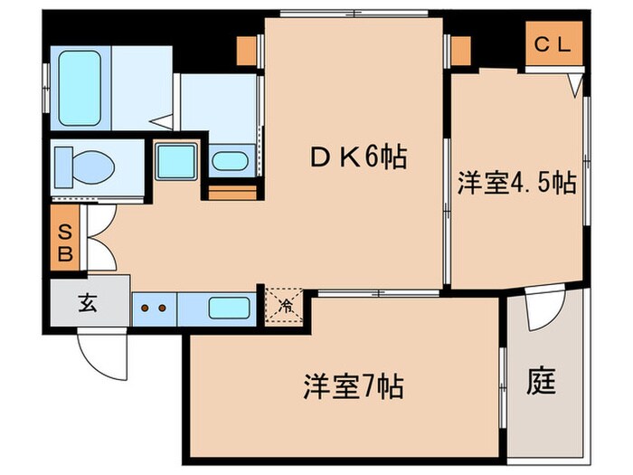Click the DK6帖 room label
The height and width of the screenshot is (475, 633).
point(356,158)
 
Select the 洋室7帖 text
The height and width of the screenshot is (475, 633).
point(353,388)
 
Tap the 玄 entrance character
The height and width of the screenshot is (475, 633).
point(88,304)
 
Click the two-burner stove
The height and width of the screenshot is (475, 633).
point(154,308)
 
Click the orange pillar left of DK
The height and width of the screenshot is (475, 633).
point(246,52)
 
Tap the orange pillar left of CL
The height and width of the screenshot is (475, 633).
point(461,52)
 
